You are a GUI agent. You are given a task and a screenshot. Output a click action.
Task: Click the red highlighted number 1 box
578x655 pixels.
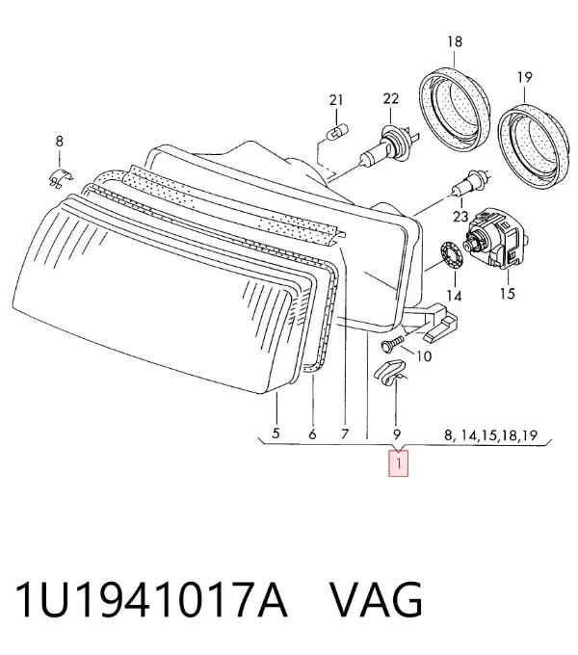398,463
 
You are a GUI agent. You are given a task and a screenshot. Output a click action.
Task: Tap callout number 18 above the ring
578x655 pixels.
455,41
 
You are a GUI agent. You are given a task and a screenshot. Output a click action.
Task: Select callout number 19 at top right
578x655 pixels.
525,77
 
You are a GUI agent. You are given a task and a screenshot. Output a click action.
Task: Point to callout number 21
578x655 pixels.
336,100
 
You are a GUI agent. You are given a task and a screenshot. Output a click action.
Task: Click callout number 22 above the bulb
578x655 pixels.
391,98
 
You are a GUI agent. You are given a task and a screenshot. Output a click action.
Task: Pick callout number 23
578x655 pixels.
460,217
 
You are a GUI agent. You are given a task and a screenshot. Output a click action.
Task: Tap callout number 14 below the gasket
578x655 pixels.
454,296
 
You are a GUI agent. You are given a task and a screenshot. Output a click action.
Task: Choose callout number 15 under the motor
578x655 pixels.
508,294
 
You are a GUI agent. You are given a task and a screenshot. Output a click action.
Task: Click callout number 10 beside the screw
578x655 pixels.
424,356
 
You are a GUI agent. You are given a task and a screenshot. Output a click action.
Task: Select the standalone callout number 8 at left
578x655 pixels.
60,142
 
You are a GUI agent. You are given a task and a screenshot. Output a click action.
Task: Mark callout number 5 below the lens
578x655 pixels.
276,432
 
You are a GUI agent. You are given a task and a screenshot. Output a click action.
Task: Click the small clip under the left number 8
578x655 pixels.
61,178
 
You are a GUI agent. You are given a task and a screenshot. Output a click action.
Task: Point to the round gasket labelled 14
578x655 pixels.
452,254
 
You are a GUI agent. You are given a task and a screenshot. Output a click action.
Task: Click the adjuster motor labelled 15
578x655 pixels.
495,239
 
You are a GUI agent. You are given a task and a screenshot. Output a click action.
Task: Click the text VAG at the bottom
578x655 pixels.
377,600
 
